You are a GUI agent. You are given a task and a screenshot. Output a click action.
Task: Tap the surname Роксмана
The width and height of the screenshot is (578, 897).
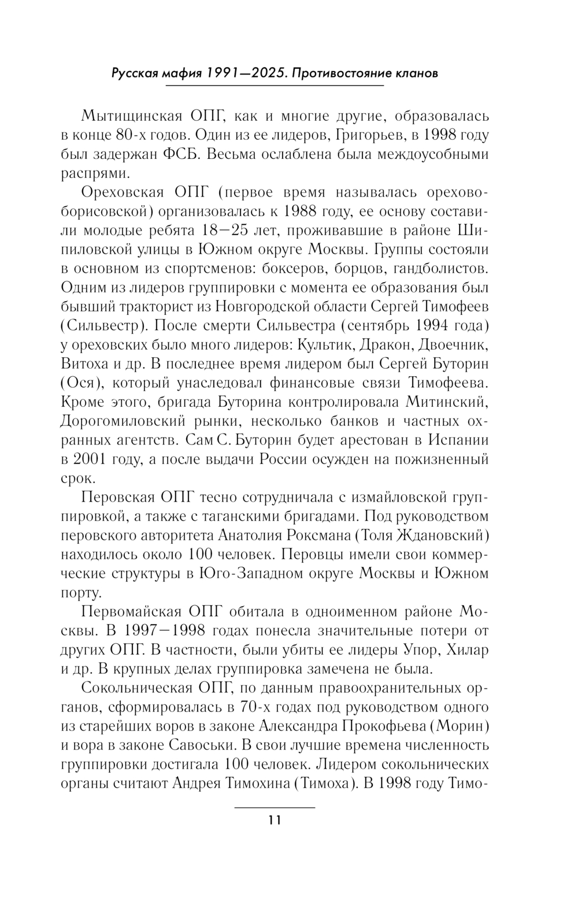tap(318, 535)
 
